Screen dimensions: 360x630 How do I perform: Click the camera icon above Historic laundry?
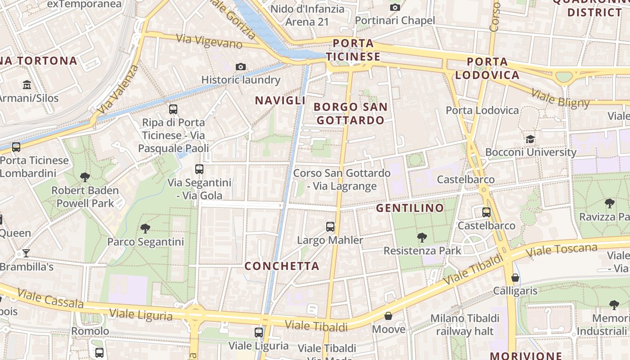pos(241,67)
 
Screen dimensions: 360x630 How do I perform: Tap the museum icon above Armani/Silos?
pos(27,85)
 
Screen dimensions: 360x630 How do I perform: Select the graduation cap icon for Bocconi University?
pos(531,139)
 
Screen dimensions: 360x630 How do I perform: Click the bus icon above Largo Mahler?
pos(330,227)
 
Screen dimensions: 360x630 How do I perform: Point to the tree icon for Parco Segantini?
pos(145,229)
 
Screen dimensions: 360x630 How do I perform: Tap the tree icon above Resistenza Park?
pos(422,237)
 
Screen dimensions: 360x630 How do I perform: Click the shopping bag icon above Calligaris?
pos(515,278)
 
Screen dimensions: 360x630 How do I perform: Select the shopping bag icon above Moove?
pos(388,316)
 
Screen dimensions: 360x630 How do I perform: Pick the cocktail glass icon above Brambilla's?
pos(26,253)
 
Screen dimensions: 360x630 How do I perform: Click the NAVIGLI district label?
pos(280,100)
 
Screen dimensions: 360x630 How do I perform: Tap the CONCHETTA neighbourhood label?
pos(282,266)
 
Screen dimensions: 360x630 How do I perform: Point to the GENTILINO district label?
pos(410,208)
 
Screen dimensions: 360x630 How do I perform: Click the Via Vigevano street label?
pos(209,41)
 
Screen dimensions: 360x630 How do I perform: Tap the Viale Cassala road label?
pos(50,298)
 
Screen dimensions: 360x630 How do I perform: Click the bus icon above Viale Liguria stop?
pos(259,333)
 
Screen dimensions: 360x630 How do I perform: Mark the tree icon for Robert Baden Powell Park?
pos(85,177)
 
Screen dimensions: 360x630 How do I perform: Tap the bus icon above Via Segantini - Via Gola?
pos(199,169)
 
